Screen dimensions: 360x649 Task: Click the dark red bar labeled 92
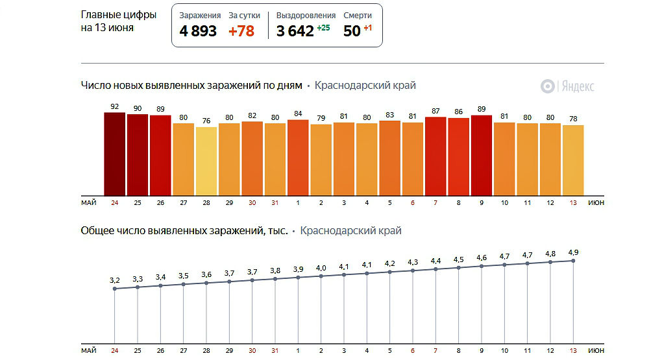pyautogui.click(x=115, y=153)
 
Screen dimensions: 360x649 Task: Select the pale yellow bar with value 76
pyautogui.click(x=206, y=160)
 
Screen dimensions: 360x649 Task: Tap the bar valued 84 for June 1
pyautogui.click(x=298, y=157)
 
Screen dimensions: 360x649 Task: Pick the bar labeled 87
pyautogui.click(x=435, y=156)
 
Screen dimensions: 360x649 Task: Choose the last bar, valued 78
pyautogui.click(x=573, y=159)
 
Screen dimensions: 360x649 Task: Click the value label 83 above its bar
pyautogui.click(x=389, y=115)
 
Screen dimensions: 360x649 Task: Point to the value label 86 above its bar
pyautogui.click(x=458, y=112)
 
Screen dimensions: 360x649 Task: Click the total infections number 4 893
pyautogui.click(x=198, y=31)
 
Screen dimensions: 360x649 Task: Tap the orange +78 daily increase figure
pyautogui.click(x=241, y=31)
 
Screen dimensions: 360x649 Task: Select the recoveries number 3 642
pyautogui.click(x=295, y=31)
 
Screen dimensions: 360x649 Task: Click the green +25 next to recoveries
pyautogui.click(x=323, y=28)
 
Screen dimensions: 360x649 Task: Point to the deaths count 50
pyautogui.click(x=351, y=31)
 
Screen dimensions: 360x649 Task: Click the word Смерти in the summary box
pyautogui.click(x=358, y=15)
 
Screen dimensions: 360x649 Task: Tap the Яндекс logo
pyautogui.click(x=568, y=86)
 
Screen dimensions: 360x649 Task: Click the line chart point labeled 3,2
pyautogui.click(x=115, y=289)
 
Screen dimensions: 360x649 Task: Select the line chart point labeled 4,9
pyautogui.click(x=573, y=260)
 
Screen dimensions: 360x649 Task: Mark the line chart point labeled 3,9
pyautogui.click(x=298, y=278)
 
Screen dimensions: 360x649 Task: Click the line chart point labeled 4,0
pyautogui.click(x=321, y=276)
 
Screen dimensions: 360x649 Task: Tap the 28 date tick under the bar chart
pyautogui.click(x=206, y=203)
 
